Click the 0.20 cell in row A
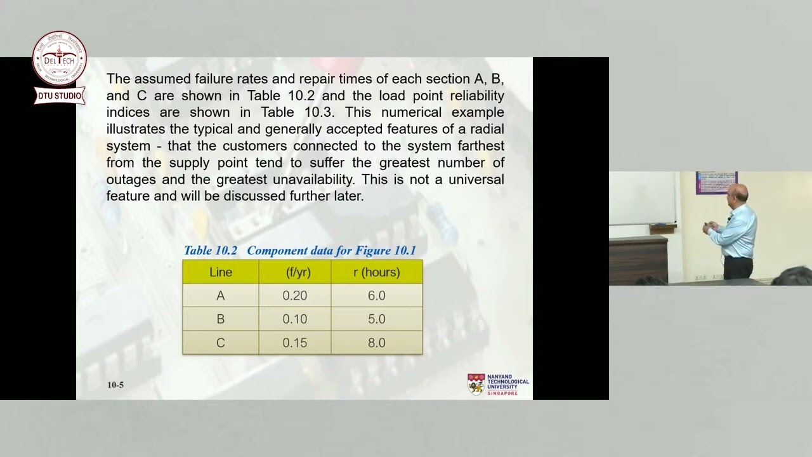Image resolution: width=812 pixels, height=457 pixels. pyautogui.click(x=294, y=296)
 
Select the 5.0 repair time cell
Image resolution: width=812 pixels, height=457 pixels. pyautogui.click(x=376, y=319)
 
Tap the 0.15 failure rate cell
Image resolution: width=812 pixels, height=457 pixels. pyautogui.click(x=294, y=343)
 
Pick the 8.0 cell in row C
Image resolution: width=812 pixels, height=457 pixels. pyautogui.click(x=376, y=343)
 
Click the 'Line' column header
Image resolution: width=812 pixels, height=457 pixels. pyautogui.click(x=221, y=272)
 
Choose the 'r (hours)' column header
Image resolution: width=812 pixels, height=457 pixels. pyautogui.click(x=376, y=272)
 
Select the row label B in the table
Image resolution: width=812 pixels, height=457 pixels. pyautogui.click(x=221, y=319)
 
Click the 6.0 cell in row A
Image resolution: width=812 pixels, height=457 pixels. pyautogui.click(x=376, y=296)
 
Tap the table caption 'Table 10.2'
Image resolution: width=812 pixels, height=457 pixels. pyautogui.click(x=210, y=251)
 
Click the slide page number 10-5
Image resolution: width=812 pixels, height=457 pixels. pyautogui.click(x=115, y=385)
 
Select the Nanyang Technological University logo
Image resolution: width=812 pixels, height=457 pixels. pyautogui.click(x=498, y=385)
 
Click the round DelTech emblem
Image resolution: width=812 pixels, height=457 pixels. pyautogui.click(x=59, y=59)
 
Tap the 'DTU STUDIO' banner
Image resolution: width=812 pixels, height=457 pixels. pyautogui.click(x=59, y=96)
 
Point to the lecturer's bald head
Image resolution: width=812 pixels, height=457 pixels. pyautogui.click(x=737, y=192)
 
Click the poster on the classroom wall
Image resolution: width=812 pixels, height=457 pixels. pyautogui.click(x=716, y=182)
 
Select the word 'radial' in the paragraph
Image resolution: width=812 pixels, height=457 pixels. pyautogui.click(x=485, y=129)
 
